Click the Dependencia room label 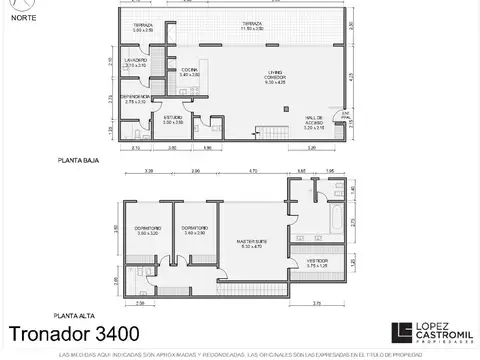click(136, 99)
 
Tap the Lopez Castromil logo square click(401, 331)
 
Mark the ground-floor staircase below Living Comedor click(268, 131)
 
